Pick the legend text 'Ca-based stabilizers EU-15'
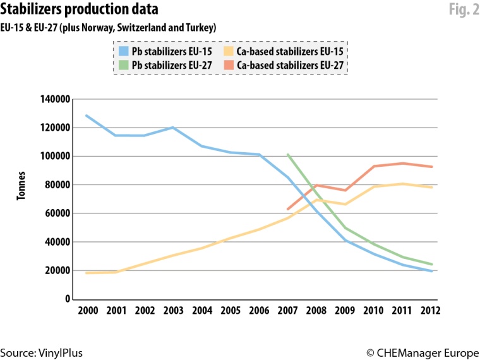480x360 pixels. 292,52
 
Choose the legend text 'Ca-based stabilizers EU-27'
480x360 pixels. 292,64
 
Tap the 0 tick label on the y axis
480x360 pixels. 66,299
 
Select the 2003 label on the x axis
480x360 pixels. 173,311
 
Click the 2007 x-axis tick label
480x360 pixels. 288,311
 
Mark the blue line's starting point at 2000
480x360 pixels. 87,116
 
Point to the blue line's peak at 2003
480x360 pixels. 172,128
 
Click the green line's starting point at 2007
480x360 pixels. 288,154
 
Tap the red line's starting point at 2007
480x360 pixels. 288,209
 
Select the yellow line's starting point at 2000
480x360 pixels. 87,273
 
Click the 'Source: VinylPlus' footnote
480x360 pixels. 42,352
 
